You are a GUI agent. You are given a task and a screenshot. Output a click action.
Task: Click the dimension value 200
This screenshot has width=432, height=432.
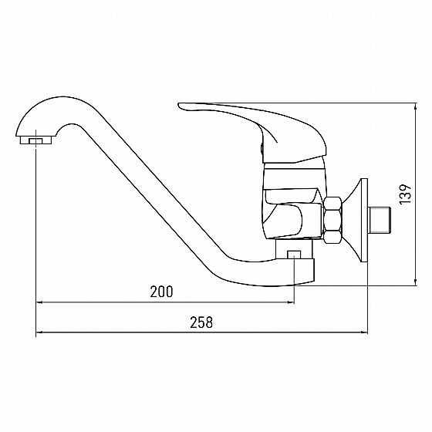[161, 292]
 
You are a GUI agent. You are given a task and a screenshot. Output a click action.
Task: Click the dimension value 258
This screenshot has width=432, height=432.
[201, 322]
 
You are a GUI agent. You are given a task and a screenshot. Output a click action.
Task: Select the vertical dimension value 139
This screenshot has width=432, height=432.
[406, 194]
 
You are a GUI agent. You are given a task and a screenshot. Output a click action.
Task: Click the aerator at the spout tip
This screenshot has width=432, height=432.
[35, 140]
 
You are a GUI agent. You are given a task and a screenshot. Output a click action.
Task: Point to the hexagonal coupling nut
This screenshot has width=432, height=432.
[332, 221]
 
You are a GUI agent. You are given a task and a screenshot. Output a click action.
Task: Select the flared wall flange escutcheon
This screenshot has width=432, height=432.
[356, 221]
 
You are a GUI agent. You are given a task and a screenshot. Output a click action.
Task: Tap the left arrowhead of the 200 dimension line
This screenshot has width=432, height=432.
[39, 302]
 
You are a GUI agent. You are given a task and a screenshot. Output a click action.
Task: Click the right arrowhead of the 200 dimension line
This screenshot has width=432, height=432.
[292, 302]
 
